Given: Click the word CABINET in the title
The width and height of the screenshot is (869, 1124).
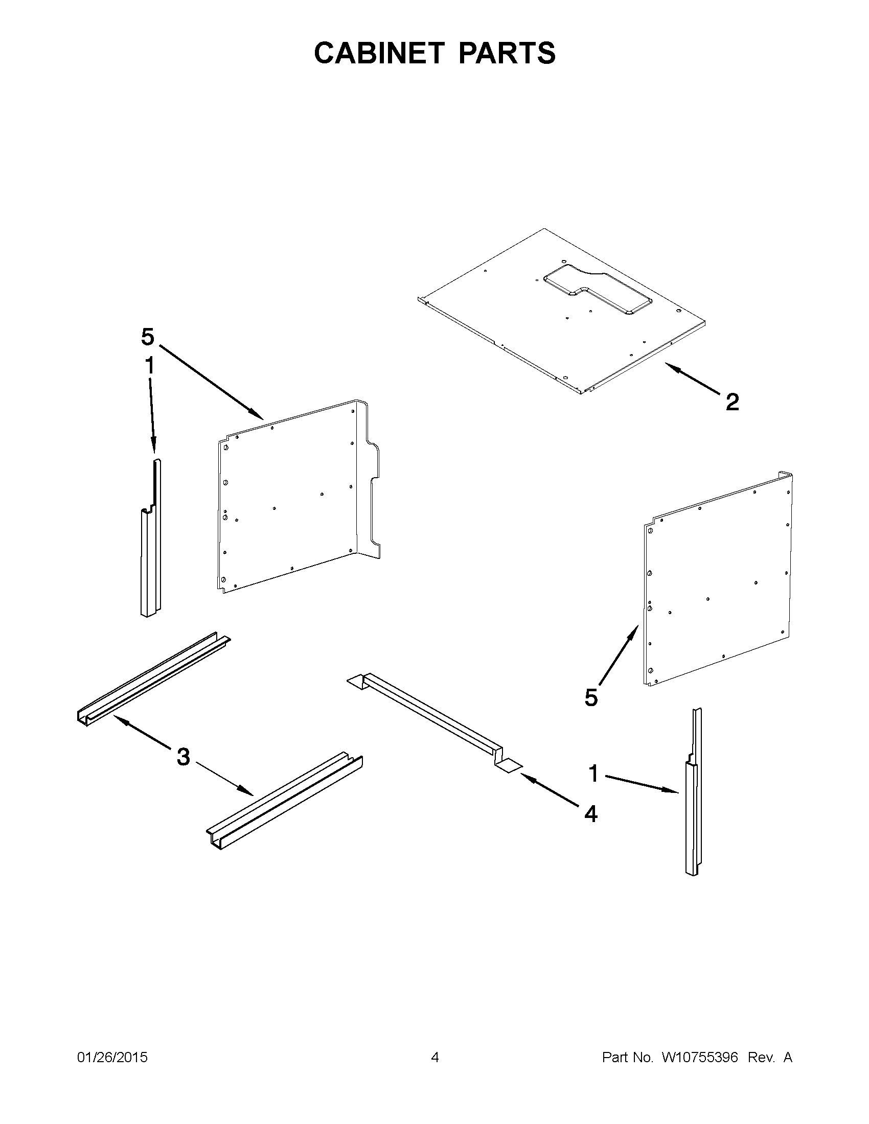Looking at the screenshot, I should (379, 53).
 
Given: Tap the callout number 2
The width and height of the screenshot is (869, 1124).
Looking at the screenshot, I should (732, 402).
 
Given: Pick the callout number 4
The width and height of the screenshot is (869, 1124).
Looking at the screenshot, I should (591, 814).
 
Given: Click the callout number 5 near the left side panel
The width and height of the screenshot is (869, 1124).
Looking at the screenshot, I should (147, 337).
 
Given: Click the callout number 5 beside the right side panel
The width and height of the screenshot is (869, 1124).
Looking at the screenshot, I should (591, 697).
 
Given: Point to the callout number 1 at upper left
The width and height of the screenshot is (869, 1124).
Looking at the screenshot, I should (149, 366).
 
